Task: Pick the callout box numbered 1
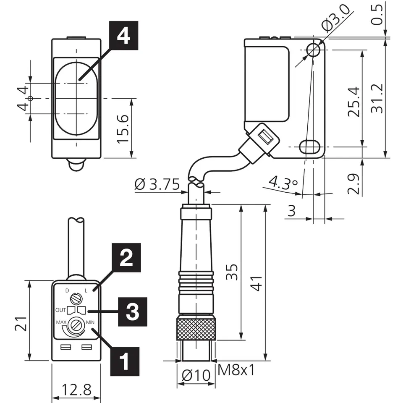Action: tap(123, 361)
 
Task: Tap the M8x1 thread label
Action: tap(236, 371)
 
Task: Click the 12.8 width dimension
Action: tap(76, 390)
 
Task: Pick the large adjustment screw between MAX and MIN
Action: tap(76, 324)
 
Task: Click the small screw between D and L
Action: tap(76, 299)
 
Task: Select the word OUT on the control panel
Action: tap(61, 310)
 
